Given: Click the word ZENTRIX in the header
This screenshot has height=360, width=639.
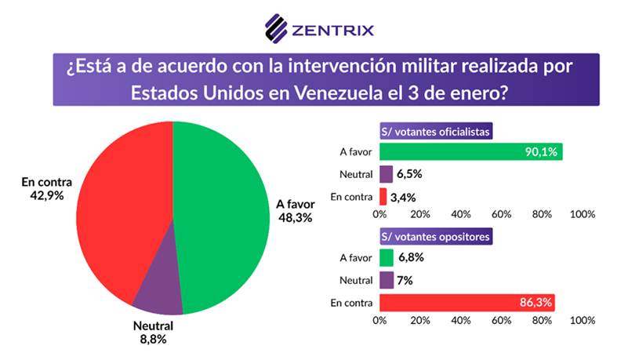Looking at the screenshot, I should [x=332, y=31].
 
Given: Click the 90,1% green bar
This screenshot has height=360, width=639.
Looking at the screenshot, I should [x=470, y=152].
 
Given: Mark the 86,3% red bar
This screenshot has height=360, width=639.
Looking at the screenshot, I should [x=467, y=301].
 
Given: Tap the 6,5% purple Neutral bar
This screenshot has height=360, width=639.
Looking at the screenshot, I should [x=386, y=174].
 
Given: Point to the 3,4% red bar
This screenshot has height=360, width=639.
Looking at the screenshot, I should [x=383, y=196].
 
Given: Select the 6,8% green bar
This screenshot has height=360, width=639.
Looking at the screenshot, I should [x=386, y=257].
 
